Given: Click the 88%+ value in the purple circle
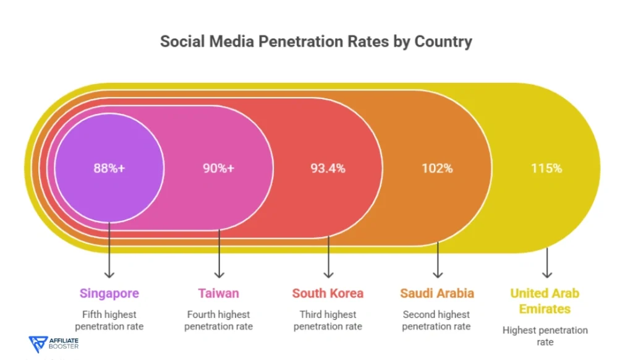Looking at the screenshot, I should [x=109, y=168].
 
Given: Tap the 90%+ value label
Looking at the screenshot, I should [x=219, y=168].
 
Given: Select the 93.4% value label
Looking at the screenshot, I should [x=328, y=168].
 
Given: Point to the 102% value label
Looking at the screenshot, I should [x=437, y=168].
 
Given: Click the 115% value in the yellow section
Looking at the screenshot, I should [x=546, y=168].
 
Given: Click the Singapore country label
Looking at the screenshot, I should [x=109, y=293].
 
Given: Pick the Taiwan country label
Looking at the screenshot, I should [x=219, y=293].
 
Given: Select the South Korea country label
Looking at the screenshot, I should [x=328, y=293].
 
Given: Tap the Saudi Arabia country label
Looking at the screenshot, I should [x=437, y=293].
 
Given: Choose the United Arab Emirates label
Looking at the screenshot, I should [x=545, y=301].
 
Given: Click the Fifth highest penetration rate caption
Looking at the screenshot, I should [x=109, y=320].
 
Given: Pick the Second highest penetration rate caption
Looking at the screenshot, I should [x=436, y=320].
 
